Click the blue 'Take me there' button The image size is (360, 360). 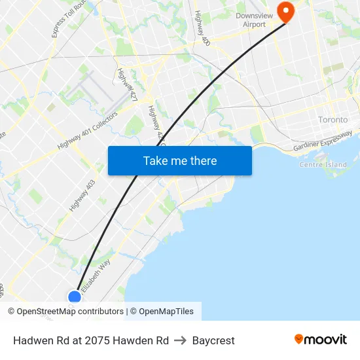[x=180, y=160]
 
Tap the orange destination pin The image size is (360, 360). [x=286, y=11]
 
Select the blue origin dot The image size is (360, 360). [x=75, y=298]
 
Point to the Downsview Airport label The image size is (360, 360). [x=251, y=20]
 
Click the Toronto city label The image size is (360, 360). [x=333, y=120]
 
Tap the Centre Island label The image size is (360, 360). [x=323, y=164]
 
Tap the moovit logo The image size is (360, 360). [x=321, y=340]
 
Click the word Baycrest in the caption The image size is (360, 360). [x=213, y=340]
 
